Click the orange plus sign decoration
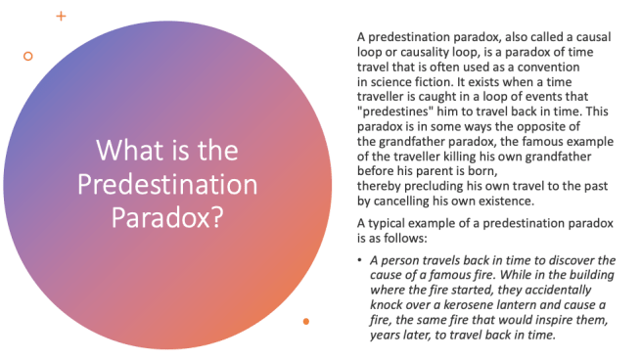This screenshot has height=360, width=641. pyautogui.click(x=62, y=16)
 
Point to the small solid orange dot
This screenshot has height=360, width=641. pyautogui.click(x=307, y=321)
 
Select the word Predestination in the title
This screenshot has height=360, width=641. pyautogui.click(x=167, y=185)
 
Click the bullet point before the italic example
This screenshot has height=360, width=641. pyautogui.click(x=359, y=259)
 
